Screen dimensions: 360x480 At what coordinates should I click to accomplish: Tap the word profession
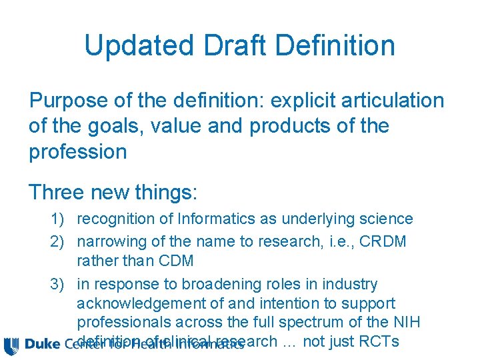tap(77, 151)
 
